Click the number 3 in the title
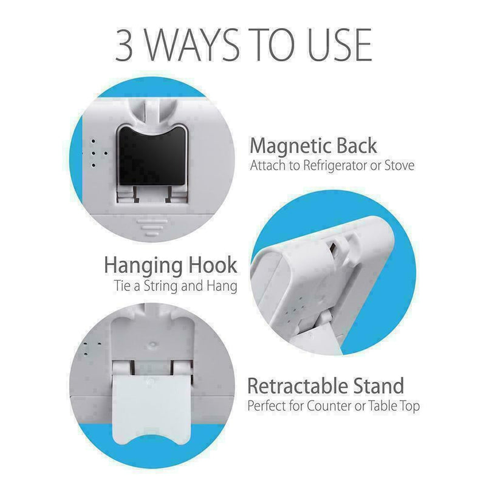pyautogui.click(x=125, y=45)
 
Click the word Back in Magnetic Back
pyautogui.click(x=357, y=145)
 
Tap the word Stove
pyautogui.click(x=400, y=165)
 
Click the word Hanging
pyautogui.click(x=143, y=266)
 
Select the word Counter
pyautogui.click(x=330, y=406)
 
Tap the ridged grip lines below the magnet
pyautogui.click(x=152, y=227)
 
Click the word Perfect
pyautogui.click(x=267, y=406)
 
